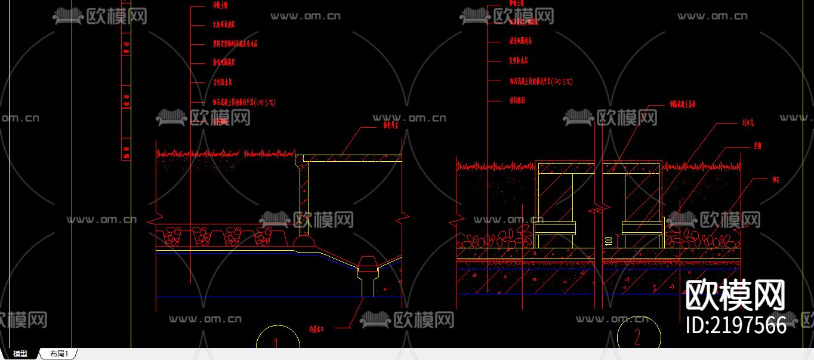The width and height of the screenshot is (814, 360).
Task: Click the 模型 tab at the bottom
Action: point(20,354)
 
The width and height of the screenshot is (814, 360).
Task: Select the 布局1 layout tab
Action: point(58,354)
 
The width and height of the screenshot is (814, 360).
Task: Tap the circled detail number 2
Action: point(637,338)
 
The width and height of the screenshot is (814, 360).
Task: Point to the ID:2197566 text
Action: point(736,325)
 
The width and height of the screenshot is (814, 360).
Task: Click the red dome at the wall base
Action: point(303,242)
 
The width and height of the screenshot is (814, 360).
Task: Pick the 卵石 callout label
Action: point(776,179)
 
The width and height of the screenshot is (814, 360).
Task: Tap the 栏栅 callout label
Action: point(758,145)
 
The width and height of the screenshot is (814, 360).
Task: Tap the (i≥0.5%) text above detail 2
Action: point(561,81)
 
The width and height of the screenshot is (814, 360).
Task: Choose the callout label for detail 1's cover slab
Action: point(391,127)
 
